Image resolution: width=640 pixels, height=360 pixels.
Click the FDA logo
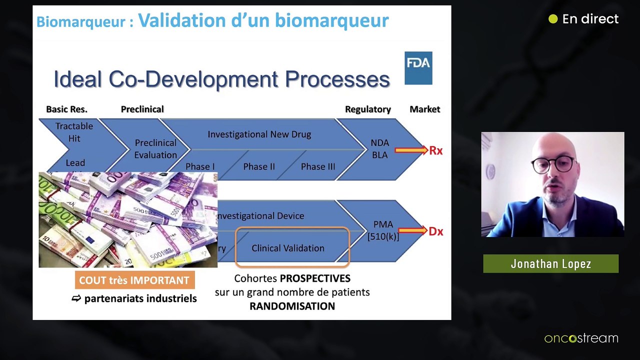pyautogui.click(x=418, y=68)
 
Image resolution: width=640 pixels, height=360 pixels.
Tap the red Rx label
pyautogui.click(x=435, y=150)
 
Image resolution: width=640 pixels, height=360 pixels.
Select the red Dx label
pyautogui.click(x=435, y=231)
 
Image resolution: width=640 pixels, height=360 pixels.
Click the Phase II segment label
pyautogui.click(x=258, y=166)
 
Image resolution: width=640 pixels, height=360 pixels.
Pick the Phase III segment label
pyautogui.click(x=317, y=166)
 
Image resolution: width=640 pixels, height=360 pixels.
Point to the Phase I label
pyautogui.click(x=200, y=166)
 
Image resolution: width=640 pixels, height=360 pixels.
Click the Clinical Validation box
pyautogui.click(x=288, y=247)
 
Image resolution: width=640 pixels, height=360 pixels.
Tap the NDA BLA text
pyautogui.click(x=379, y=149)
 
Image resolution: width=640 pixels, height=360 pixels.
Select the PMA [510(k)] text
pyautogui.click(x=383, y=230)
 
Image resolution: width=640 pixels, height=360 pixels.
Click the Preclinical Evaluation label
pyautogui.click(x=155, y=149)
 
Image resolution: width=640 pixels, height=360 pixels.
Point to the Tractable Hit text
pyautogui.click(x=74, y=132)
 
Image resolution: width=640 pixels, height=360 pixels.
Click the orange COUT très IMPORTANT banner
pyautogui.click(x=134, y=280)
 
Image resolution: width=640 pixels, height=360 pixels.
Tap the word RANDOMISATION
pyautogui.click(x=292, y=306)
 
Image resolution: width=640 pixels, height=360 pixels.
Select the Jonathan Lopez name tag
pyautogui.click(x=550, y=264)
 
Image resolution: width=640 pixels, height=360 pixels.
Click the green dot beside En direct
pyautogui.click(x=552, y=19)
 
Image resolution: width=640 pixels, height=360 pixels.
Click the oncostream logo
pyautogui.click(x=581, y=338)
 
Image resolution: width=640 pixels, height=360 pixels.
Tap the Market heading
pyautogui.click(x=424, y=109)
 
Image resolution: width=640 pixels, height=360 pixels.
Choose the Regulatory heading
pyautogui.click(x=367, y=109)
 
